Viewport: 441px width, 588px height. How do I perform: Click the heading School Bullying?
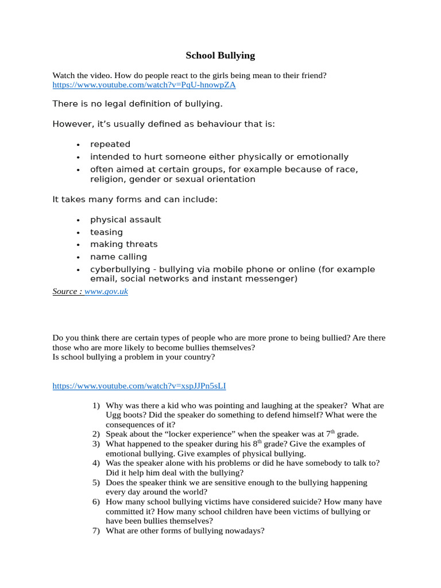pyautogui.click(x=220, y=56)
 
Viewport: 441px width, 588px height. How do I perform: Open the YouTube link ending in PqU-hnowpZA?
pyautogui.click(x=144, y=85)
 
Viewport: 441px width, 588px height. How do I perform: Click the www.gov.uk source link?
pyautogui.click(x=106, y=292)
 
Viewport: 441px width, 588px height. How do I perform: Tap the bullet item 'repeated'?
pyautogui.click(x=110, y=144)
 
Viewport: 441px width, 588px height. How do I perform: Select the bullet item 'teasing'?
pyautogui.click(x=106, y=232)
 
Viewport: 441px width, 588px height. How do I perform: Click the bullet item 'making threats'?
pyautogui.click(x=123, y=244)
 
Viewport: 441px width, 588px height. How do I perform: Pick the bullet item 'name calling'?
pyautogui.click(x=118, y=257)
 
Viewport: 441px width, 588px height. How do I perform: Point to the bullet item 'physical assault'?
pyautogui.click(x=125, y=219)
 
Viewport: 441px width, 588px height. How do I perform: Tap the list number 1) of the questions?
pyautogui.click(x=96, y=406)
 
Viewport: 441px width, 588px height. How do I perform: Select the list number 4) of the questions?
pyautogui.click(x=96, y=463)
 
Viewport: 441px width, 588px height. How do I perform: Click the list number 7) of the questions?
pyautogui.click(x=96, y=531)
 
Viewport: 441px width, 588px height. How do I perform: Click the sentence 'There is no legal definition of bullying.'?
pyautogui.click(x=137, y=104)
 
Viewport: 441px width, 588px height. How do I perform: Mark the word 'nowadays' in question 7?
pyautogui.click(x=246, y=531)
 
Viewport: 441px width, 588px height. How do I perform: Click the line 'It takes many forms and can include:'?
pyautogui.click(x=135, y=199)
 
